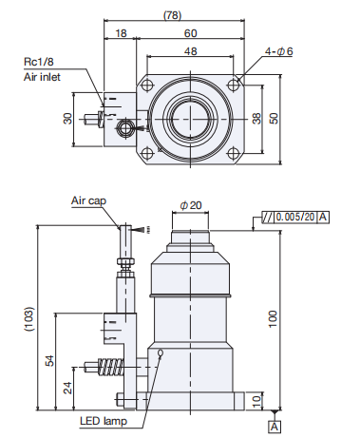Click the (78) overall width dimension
click(173, 15)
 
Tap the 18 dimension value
click(121, 33)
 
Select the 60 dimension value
click(191, 33)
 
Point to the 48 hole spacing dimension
click(190, 51)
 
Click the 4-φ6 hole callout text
click(278, 51)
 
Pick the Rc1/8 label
click(39, 62)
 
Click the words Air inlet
click(42, 77)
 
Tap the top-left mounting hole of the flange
click(147, 85)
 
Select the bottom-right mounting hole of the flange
click(234, 154)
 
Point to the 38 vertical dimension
click(257, 118)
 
